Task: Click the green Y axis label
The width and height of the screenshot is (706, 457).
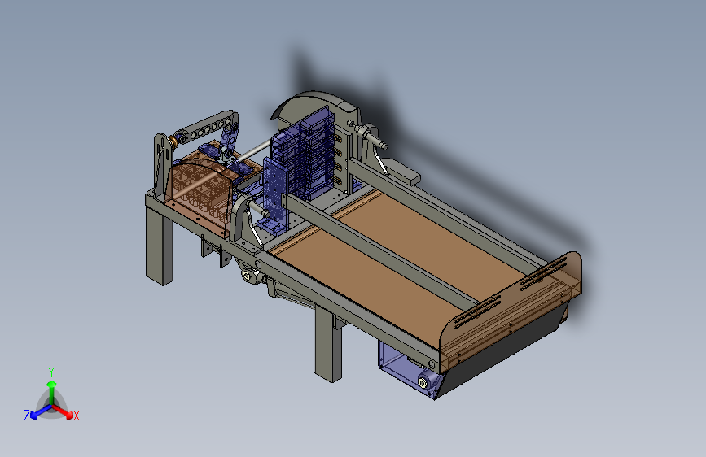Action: click(x=51, y=372)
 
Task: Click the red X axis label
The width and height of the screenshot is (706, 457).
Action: click(x=76, y=416)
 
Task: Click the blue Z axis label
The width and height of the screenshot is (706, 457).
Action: click(x=27, y=416)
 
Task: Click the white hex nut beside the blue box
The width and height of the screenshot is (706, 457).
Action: click(x=423, y=383)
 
